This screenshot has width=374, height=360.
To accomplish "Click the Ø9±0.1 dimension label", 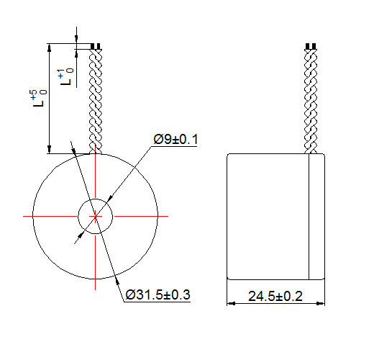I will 175,139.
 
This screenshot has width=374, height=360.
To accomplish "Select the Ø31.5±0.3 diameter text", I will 157,295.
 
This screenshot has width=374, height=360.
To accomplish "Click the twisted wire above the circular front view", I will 95,101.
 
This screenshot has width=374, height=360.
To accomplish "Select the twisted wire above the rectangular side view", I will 311,101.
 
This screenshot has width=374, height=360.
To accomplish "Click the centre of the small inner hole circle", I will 95,215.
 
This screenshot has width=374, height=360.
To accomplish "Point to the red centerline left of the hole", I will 50,215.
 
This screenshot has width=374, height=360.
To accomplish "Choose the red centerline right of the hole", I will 140,215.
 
